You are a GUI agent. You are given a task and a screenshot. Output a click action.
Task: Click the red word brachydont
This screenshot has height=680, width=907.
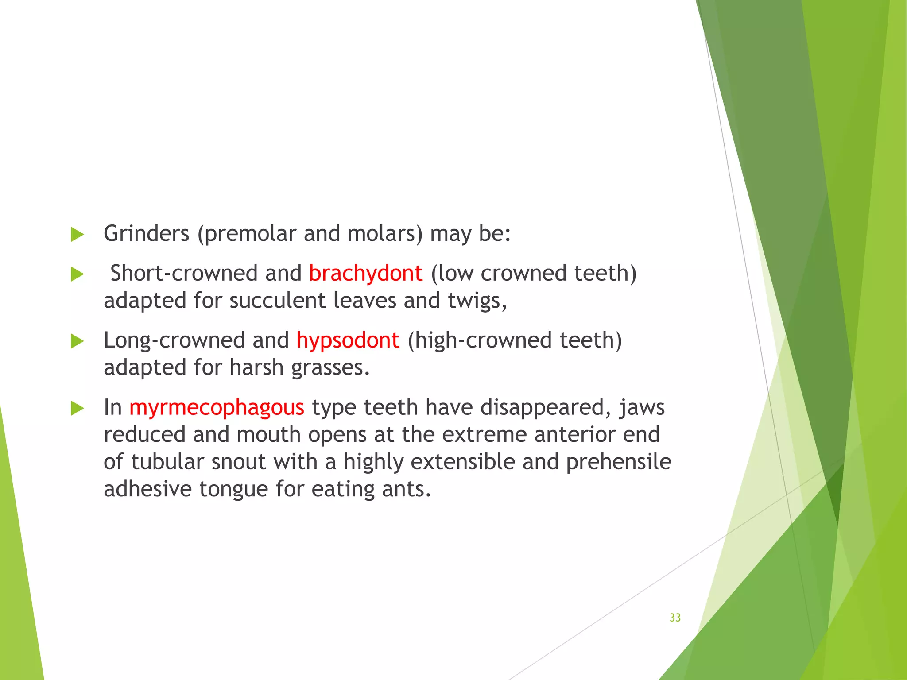365,273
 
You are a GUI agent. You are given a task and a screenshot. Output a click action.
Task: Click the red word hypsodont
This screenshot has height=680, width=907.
348,340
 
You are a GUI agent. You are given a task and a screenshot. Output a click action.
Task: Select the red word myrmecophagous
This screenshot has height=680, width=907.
217,407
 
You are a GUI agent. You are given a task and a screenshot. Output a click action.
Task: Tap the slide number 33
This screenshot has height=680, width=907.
675,618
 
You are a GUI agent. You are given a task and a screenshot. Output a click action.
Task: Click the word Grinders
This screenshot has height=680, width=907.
146,233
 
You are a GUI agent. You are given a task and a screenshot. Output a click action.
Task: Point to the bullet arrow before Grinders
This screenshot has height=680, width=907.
77,234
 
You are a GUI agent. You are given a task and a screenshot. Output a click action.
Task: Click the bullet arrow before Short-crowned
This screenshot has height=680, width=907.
77,274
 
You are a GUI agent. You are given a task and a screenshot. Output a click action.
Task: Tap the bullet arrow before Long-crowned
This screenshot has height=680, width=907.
77,341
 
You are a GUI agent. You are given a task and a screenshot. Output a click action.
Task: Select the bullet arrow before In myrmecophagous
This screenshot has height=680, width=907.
77,408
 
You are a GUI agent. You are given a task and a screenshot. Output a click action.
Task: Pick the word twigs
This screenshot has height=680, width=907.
477,301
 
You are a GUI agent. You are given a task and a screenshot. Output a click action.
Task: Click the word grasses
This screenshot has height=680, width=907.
330,368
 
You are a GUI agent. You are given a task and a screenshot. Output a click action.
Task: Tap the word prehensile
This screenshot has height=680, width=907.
618,462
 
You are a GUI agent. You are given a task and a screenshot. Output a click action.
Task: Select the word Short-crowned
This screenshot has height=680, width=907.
183,273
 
